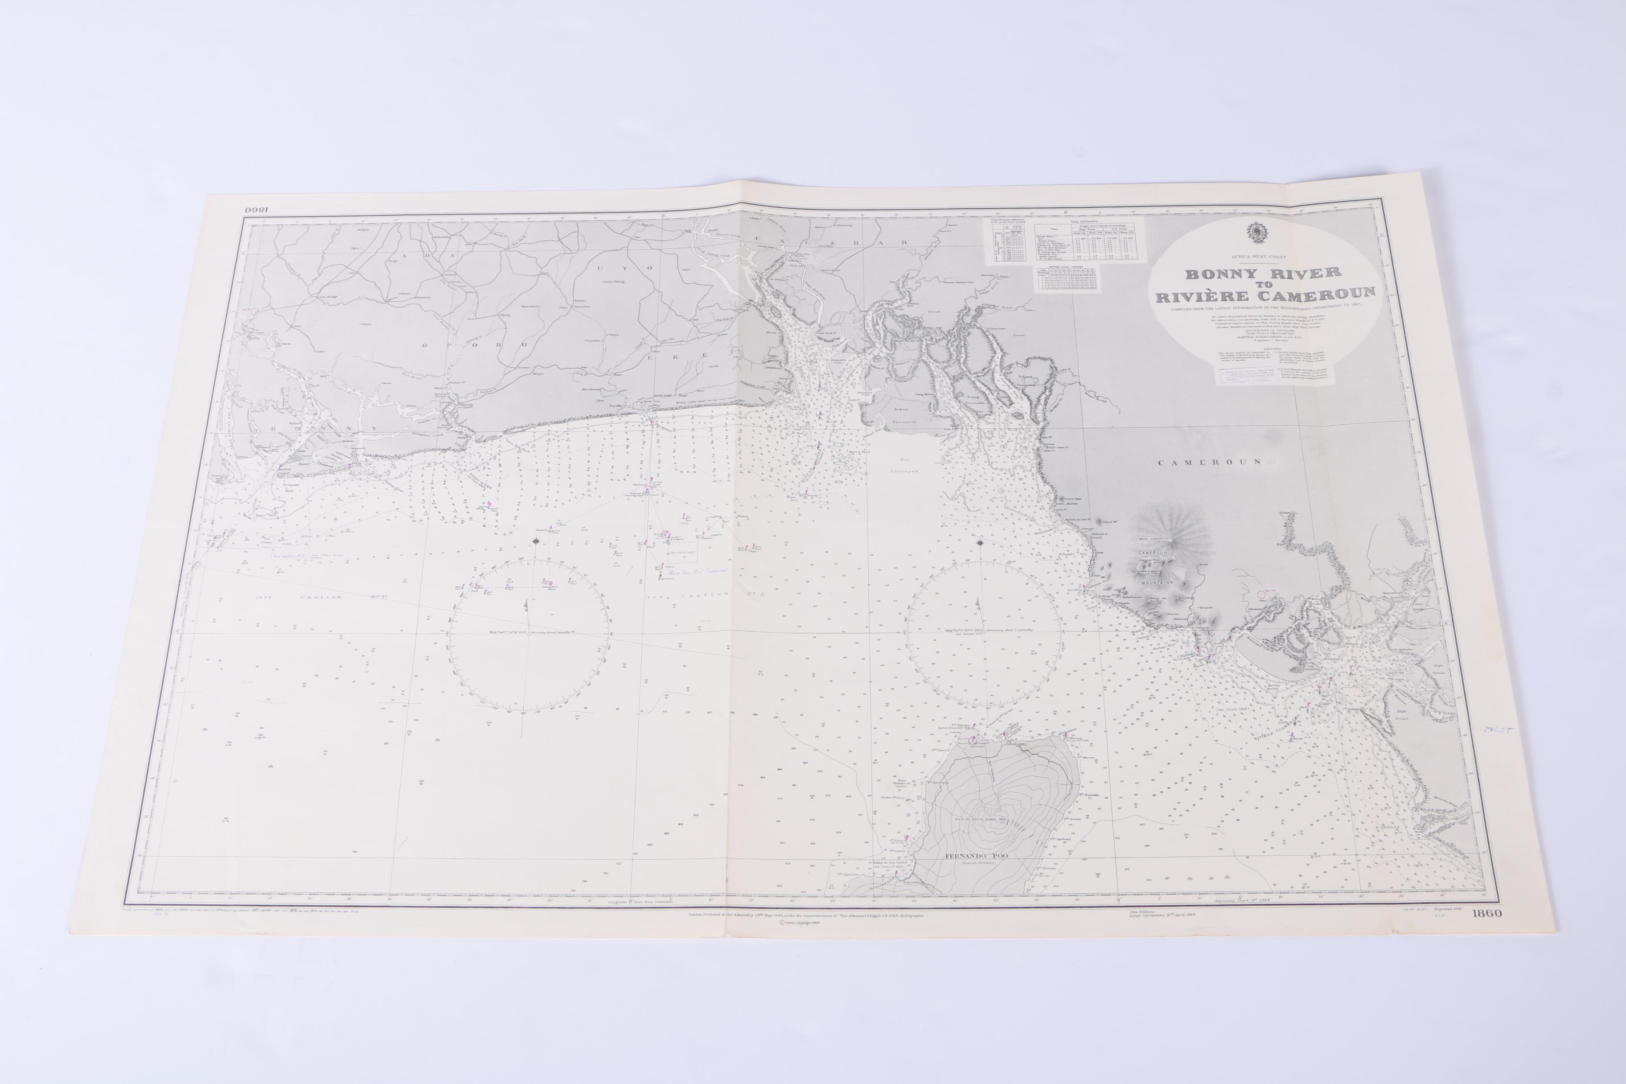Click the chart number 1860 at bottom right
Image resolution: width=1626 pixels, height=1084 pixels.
(1487, 913)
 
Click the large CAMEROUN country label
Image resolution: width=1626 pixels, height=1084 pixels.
(1210, 462)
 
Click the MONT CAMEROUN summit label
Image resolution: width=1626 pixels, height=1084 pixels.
(1153, 538)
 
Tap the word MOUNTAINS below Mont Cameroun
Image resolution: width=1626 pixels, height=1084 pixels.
(1154, 582)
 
